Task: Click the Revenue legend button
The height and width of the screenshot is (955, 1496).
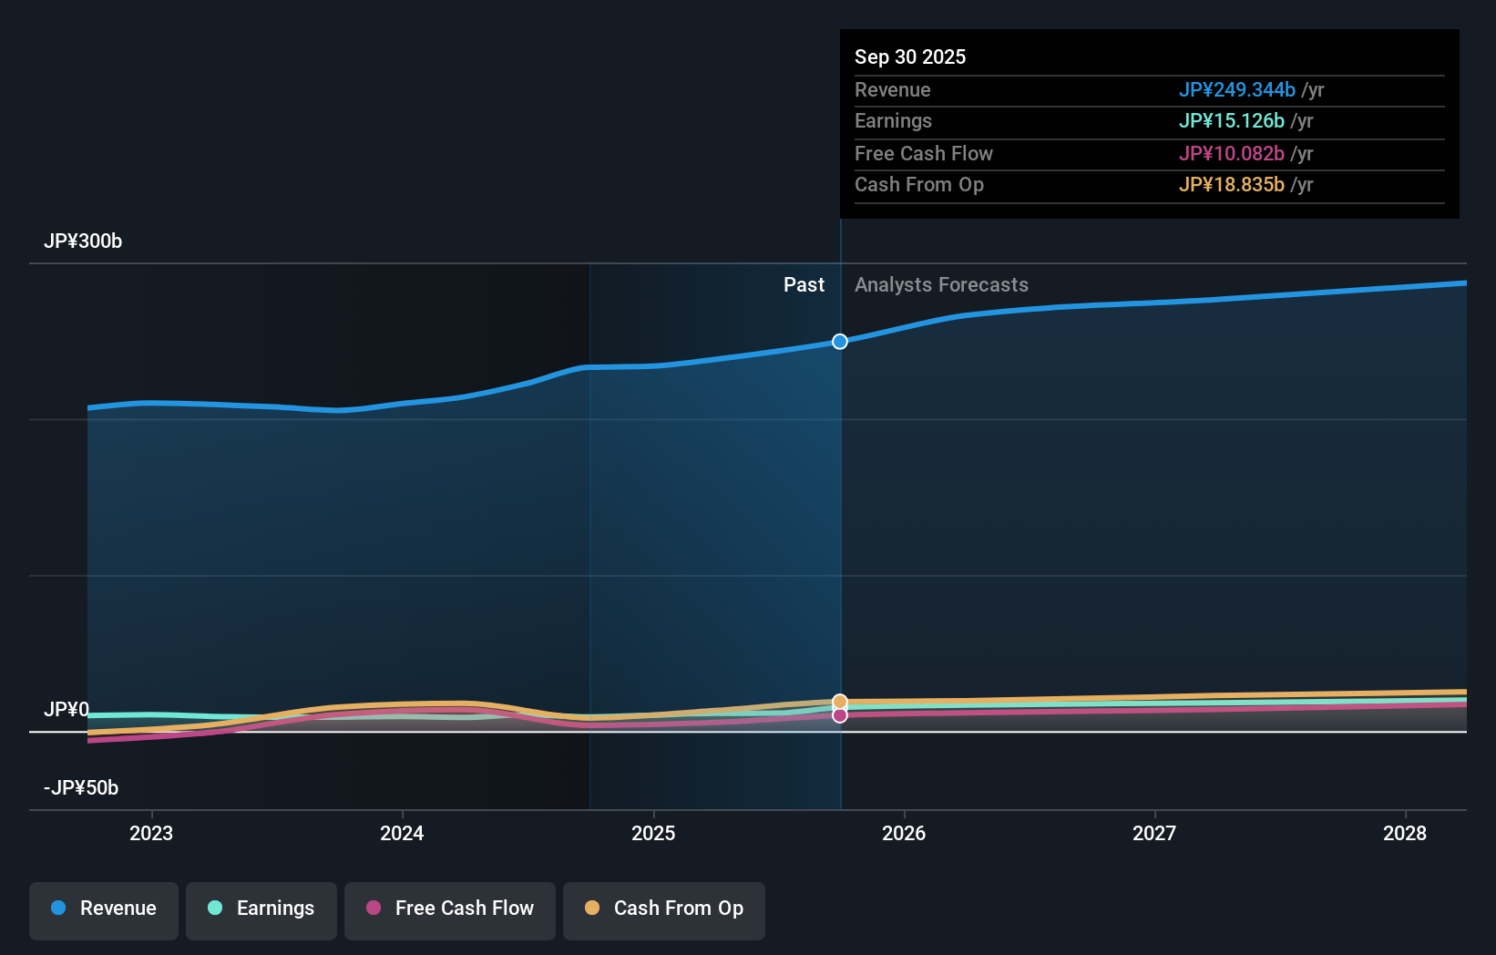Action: (x=104, y=909)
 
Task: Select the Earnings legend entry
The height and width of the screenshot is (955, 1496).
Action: (x=261, y=909)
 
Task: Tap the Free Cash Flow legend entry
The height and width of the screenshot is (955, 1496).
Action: (x=450, y=909)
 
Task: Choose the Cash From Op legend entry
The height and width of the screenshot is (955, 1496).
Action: (x=664, y=909)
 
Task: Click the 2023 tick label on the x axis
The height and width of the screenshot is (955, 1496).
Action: (x=151, y=833)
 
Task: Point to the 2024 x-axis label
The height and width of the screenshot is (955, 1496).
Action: (x=402, y=833)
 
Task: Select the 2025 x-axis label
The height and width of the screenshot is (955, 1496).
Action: (x=653, y=833)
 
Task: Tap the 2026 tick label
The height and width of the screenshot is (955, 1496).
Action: (x=904, y=833)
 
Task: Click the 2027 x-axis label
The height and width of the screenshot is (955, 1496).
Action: (x=1154, y=833)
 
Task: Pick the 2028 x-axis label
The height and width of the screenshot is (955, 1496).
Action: (x=1405, y=833)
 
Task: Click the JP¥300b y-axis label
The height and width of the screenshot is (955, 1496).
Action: (x=83, y=241)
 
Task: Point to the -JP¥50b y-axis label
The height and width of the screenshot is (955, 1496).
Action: (x=81, y=788)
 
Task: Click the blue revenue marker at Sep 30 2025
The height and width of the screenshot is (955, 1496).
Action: (x=840, y=342)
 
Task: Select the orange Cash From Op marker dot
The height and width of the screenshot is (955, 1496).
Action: (x=840, y=702)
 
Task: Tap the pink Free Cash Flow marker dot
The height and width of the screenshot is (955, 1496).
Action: (x=840, y=715)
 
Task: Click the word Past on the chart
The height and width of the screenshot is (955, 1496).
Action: (x=804, y=285)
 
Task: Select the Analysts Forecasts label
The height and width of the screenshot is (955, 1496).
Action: (x=941, y=285)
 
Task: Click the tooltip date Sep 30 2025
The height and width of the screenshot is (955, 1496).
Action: (x=910, y=56)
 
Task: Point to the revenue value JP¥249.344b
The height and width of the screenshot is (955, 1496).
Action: (x=1236, y=90)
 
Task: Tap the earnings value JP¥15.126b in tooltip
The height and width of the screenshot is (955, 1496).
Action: (x=1231, y=121)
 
